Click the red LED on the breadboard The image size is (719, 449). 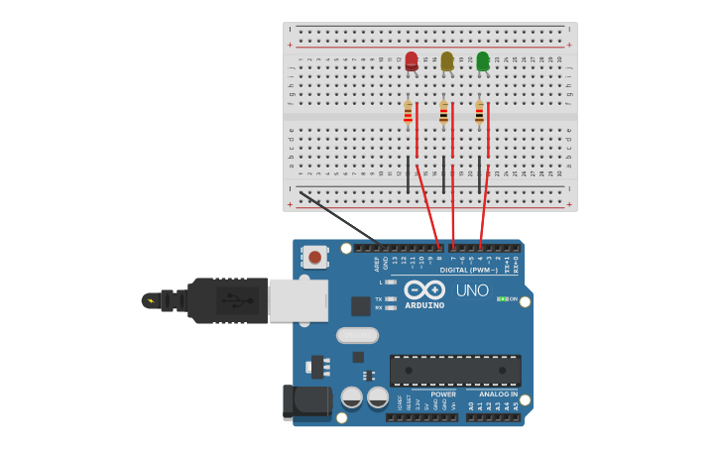pyautogui.click(x=412, y=60)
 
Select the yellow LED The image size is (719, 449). pyautogui.click(x=447, y=60)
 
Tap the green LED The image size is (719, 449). pyautogui.click(x=483, y=60)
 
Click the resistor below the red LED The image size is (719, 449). pyautogui.click(x=408, y=113)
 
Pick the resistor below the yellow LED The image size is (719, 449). pyautogui.click(x=443, y=113)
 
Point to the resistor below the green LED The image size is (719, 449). pyautogui.click(x=479, y=113)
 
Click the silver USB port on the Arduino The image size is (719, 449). pyautogui.click(x=298, y=300)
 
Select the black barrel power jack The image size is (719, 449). pyautogui.click(x=306, y=401)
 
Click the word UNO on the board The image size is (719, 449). pyautogui.click(x=472, y=290)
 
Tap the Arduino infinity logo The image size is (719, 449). pyautogui.click(x=424, y=289)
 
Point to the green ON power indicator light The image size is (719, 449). pyautogui.click(x=503, y=299)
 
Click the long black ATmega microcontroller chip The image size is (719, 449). pyautogui.click(x=455, y=371)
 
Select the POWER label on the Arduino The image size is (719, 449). pyautogui.click(x=443, y=394)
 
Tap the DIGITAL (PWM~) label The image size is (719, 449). pyautogui.click(x=468, y=270)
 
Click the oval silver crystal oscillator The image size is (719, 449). pyautogui.click(x=357, y=335)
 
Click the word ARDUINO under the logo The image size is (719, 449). pyautogui.click(x=424, y=305)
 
